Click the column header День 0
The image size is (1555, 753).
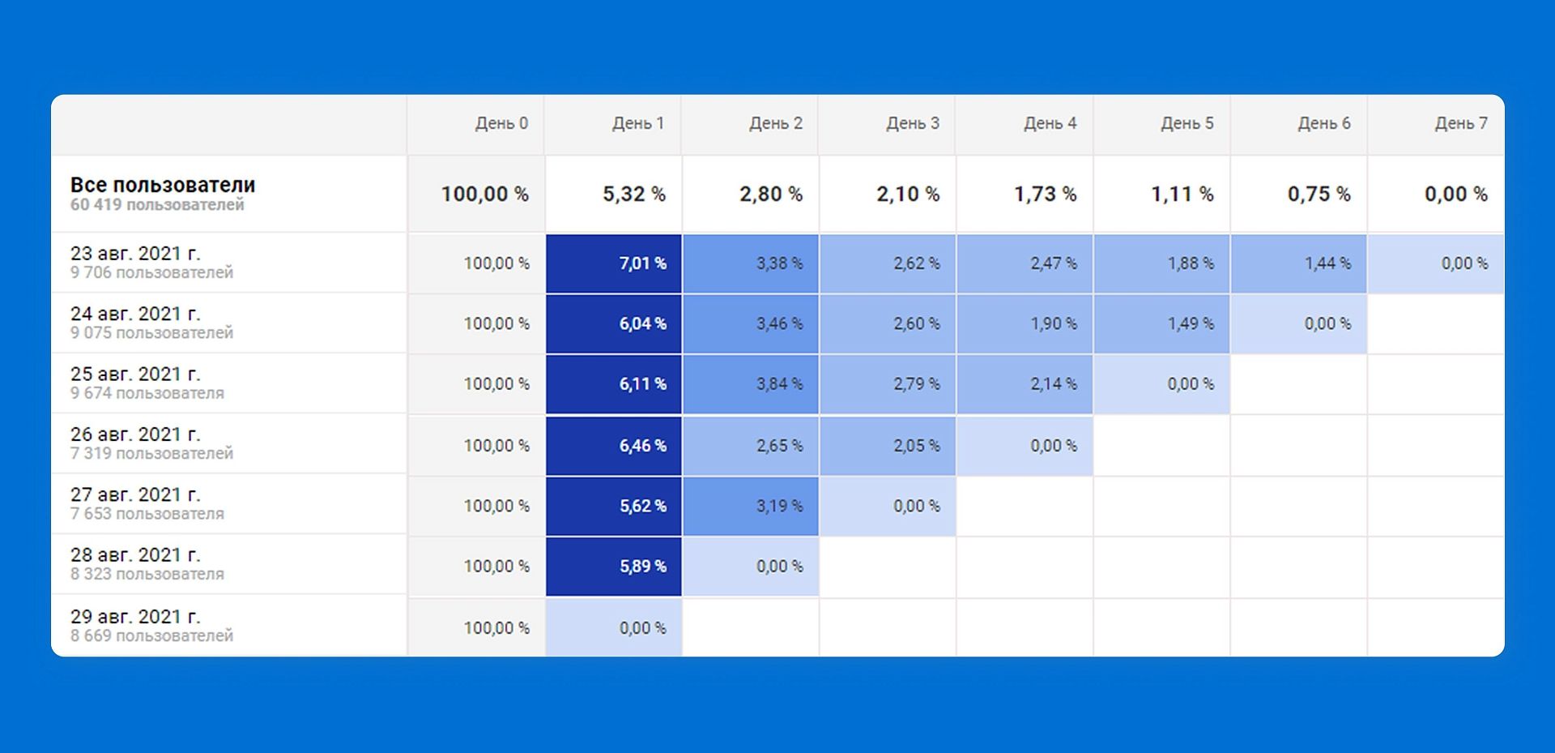[501, 123]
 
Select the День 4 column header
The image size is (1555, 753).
[1050, 123]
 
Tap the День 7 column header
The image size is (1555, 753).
[1461, 123]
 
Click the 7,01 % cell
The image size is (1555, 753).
[642, 263]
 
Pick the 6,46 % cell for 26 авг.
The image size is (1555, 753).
[642, 446]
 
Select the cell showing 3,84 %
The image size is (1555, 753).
[779, 384]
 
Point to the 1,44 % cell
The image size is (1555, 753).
[1327, 263]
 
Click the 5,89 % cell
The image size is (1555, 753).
[642, 567]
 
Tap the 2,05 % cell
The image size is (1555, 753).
[916, 446]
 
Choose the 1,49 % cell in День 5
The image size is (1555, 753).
[1190, 323]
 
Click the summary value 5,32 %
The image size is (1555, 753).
[633, 195]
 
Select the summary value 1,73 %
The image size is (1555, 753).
[1045, 195]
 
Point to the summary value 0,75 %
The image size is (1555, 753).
[1319, 195]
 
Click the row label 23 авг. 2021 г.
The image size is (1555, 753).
[135, 254]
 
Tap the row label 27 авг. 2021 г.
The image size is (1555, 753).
[135, 494]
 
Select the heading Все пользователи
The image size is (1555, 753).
[163, 185]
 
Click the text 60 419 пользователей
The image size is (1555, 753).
[157, 205]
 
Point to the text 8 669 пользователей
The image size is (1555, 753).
[151, 636]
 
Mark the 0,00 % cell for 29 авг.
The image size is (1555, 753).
[642, 628]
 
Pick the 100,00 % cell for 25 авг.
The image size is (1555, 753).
[496, 384]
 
